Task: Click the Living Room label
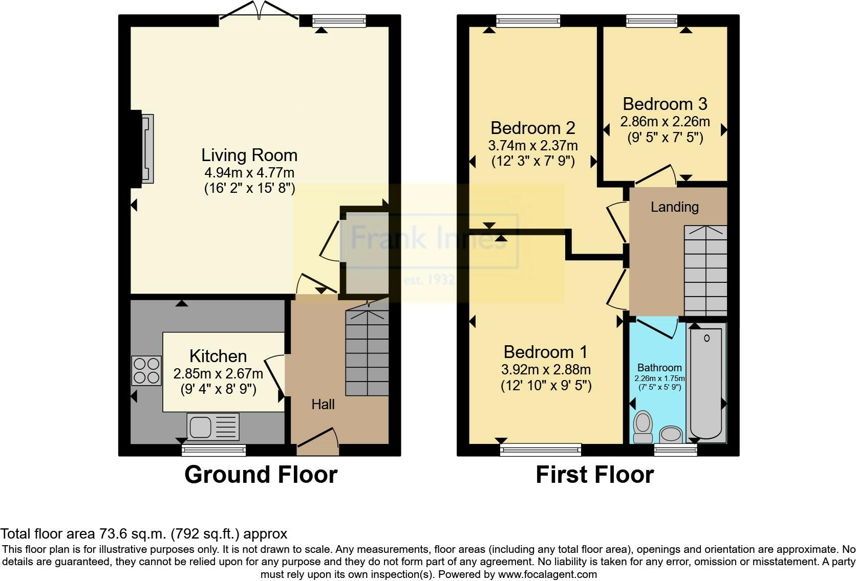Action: pyautogui.click(x=249, y=155)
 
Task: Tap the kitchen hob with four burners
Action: pyautogui.click(x=146, y=370)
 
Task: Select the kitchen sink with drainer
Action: pyautogui.click(x=213, y=427)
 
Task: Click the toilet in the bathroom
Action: pyautogui.click(x=643, y=427)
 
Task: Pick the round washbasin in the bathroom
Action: pyautogui.click(x=671, y=434)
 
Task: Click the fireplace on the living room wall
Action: pyautogui.click(x=147, y=148)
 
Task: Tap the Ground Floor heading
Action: pyautogui.click(x=261, y=475)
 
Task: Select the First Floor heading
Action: pyautogui.click(x=594, y=475)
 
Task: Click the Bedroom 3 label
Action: pyautogui.click(x=665, y=104)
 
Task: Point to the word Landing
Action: pyautogui.click(x=674, y=207)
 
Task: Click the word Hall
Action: pyautogui.click(x=323, y=404)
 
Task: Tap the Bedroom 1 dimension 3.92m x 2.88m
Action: pyautogui.click(x=546, y=370)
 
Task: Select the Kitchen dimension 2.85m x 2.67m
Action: pyautogui.click(x=218, y=374)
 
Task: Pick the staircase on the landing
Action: pyautogui.click(x=705, y=271)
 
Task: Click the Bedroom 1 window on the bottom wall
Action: pyautogui.click(x=541, y=450)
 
